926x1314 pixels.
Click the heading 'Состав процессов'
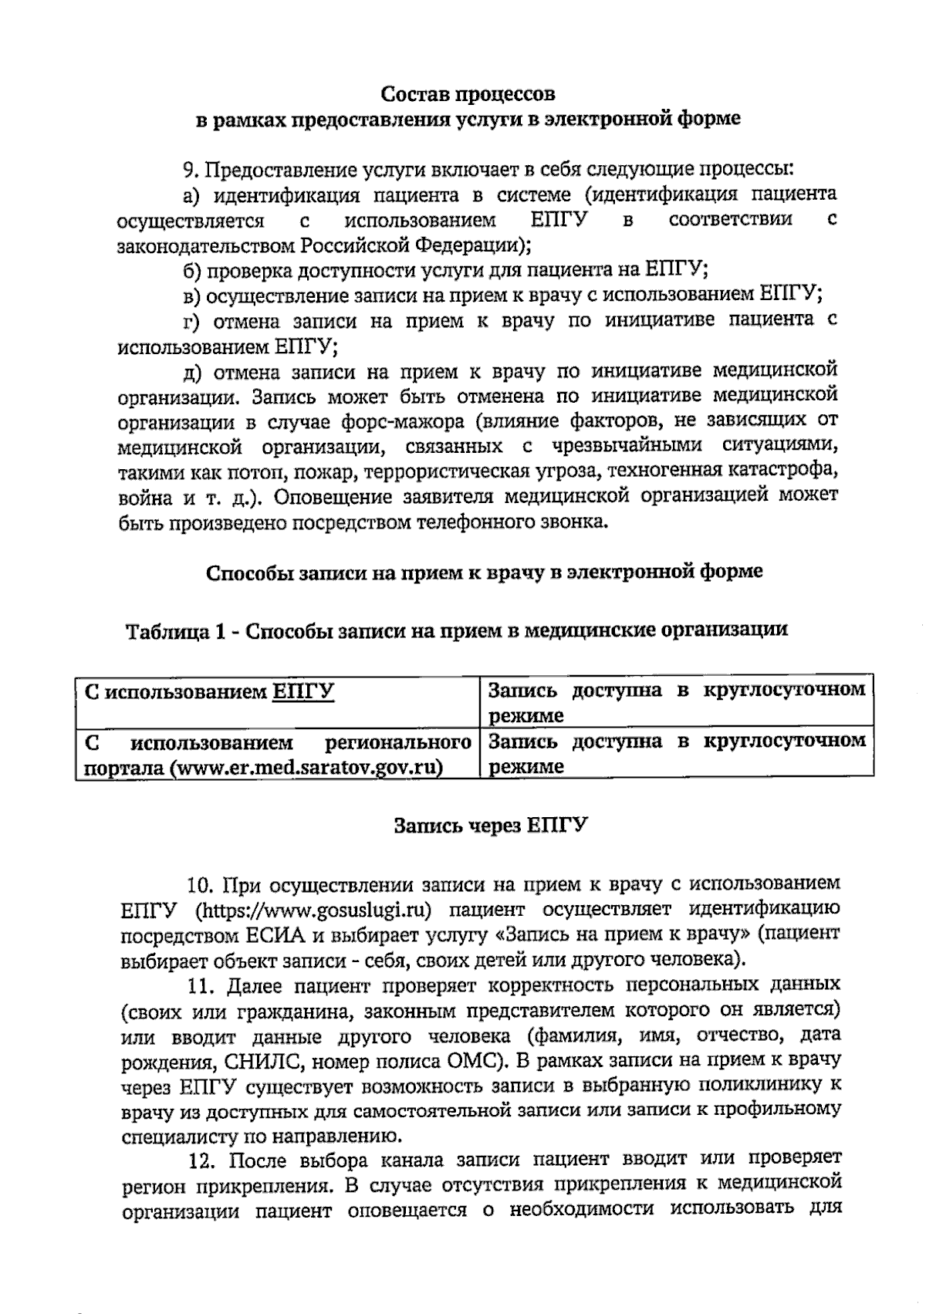click(468, 94)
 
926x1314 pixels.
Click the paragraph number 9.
click(189, 169)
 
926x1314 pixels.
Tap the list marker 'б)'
click(192, 269)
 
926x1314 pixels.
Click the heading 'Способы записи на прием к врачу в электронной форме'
click(484, 573)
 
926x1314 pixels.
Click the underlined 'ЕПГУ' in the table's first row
click(302, 691)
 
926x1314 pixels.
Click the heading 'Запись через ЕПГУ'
click(490, 825)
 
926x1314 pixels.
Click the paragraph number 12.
click(203, 1160)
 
